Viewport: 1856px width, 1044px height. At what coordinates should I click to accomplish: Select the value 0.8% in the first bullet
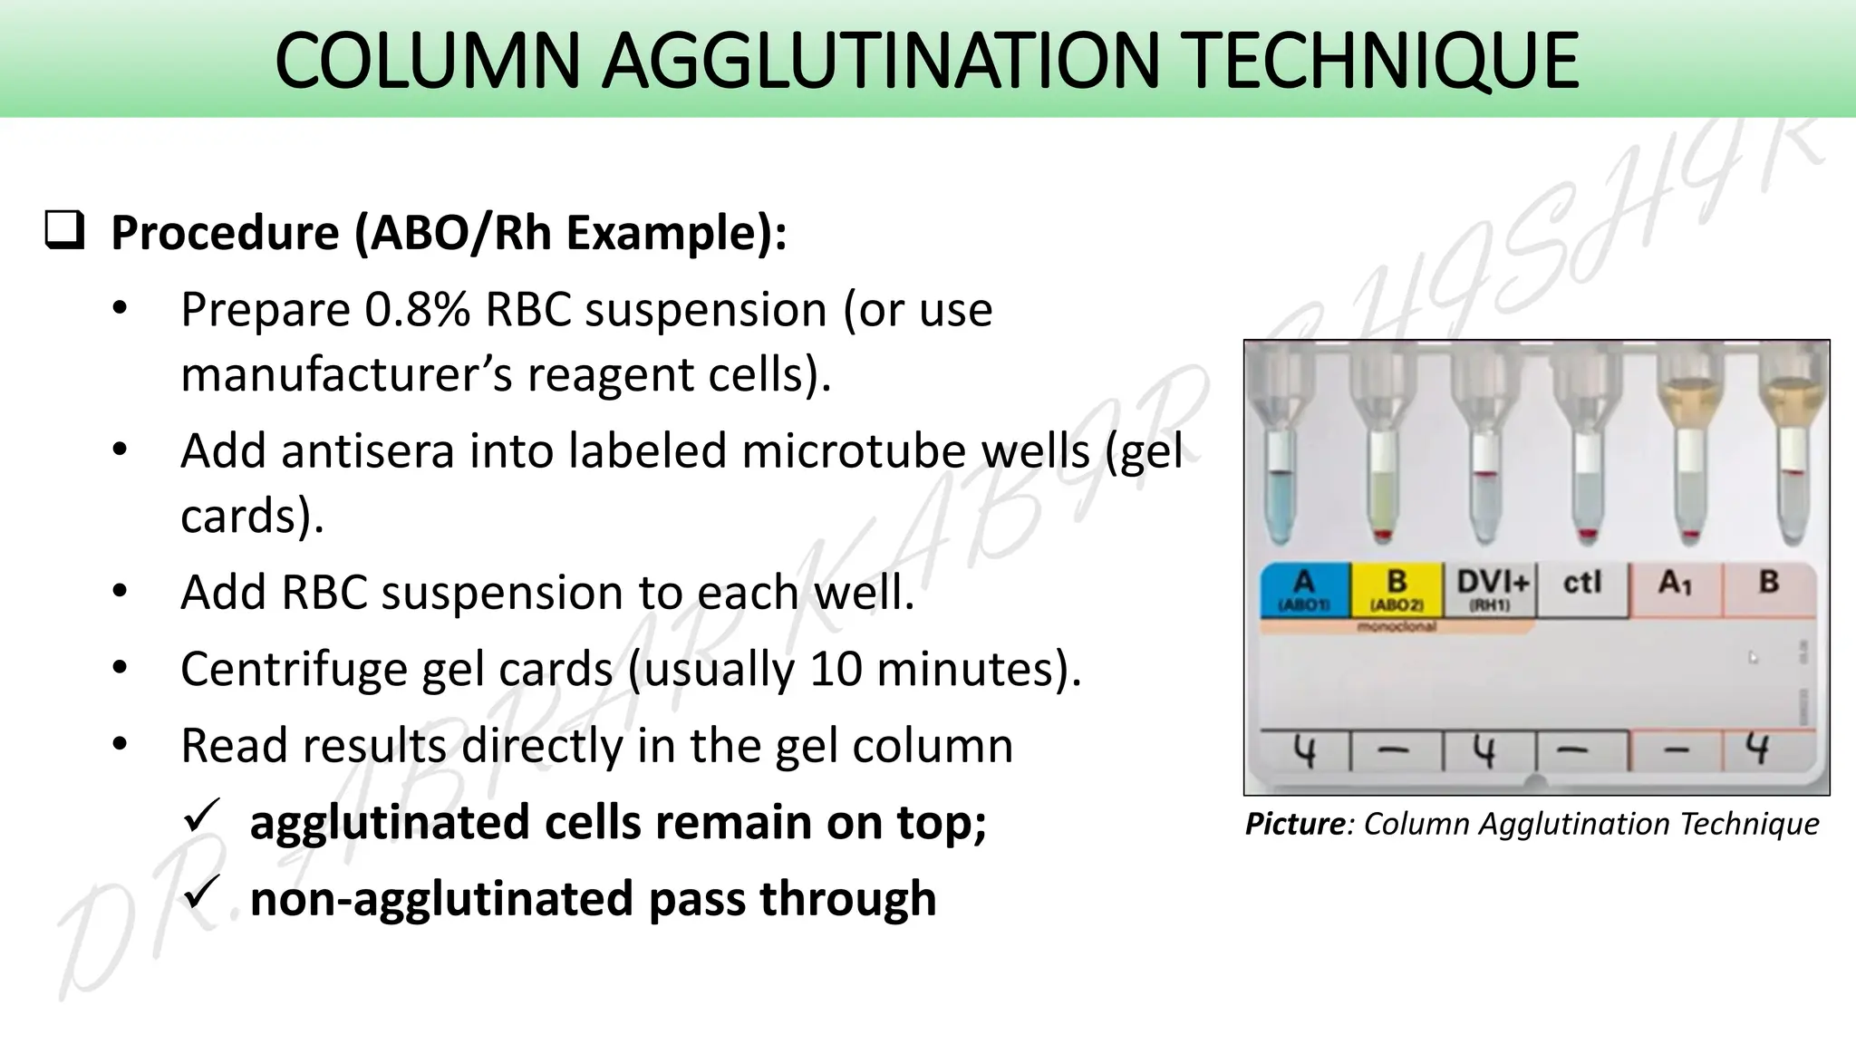coord(417,310)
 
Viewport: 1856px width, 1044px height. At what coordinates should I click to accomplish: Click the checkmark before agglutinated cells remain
coord(201,817)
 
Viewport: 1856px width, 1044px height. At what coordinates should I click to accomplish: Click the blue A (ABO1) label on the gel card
coord(1303,589)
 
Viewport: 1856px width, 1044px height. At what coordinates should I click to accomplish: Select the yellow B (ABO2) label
coord(1396,589)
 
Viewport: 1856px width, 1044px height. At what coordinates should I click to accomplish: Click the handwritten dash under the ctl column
coord(1578,751)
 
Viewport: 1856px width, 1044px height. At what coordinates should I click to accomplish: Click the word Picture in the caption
coord(1294,824)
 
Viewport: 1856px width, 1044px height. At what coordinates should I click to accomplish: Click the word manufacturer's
coord(347,374)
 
